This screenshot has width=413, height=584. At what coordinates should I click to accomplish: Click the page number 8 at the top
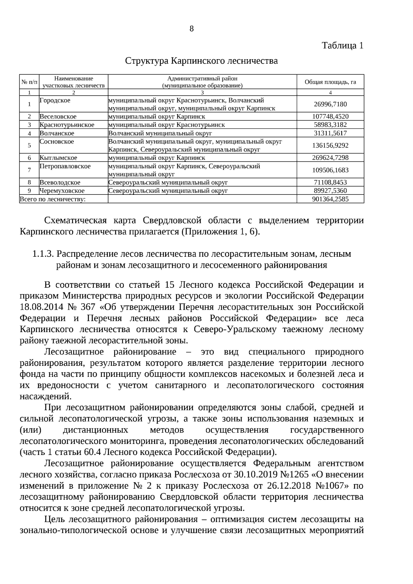click(x=192, y=29)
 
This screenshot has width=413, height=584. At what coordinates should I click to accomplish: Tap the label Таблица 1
click(x=342, y=45)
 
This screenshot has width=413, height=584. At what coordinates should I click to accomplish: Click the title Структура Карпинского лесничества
click(x=201, y=61)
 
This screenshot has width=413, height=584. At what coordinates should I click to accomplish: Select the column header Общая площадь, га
click(x=330, y=82)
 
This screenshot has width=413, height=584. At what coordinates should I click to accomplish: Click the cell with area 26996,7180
click(x=330, y=104)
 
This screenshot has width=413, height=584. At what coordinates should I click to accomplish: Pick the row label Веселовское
click(x=58, y=117)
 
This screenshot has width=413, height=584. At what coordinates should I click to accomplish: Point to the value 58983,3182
click(x=330, y=125)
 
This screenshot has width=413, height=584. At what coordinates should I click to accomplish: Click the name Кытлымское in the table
click(x=58, y=158)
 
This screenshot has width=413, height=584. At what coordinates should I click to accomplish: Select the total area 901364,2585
click(x=330, y=199)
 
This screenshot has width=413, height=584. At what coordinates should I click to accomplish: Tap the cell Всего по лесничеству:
click(x=53, y=199)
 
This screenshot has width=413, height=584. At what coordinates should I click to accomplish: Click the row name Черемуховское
click(x=62, y=191)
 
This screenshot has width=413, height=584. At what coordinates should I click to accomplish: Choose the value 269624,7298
click(x=330, y=158)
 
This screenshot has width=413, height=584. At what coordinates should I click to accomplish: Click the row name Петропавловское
click(x=65, y=167)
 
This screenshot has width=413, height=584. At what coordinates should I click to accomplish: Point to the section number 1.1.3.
click(x=43, y=254)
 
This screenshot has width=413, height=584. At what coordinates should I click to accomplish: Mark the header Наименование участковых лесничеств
click(x=73, y=82)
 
